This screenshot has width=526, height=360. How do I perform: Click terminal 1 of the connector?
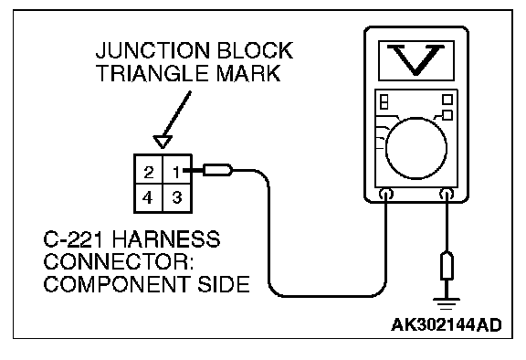pos(177,172)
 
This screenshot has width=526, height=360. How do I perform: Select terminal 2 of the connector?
pos(148,172)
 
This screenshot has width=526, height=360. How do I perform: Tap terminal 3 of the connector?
pos(177,197)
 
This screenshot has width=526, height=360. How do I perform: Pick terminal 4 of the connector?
pos(148,197)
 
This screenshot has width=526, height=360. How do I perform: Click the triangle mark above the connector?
pos(163,141)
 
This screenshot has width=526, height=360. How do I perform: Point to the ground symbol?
pos(447,303)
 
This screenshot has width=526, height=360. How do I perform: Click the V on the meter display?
pos(416,59)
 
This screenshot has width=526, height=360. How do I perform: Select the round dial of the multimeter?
pos(416,148)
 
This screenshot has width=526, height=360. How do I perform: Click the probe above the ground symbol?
pos(447,265)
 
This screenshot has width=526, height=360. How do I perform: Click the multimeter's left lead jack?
pos(386,194)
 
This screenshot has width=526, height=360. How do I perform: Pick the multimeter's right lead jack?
pos(447,194)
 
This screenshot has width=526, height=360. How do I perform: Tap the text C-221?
pos(75,238)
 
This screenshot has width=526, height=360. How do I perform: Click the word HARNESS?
pos(166,238)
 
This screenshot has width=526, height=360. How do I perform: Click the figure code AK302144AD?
pos(447,324)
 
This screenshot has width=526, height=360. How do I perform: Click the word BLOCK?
pos(255,50)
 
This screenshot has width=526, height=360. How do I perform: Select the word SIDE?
pos(224,284)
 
